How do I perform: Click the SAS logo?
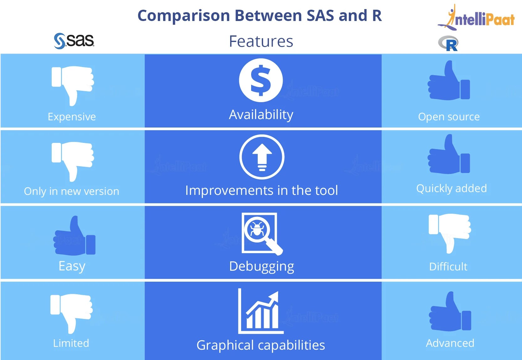[x=74, y=41]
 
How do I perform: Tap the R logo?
[x=448, y=44]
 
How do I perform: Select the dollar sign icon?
[x=261, y=80]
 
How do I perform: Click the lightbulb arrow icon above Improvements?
[x=262, y=157]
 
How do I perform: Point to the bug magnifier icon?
[x=261, y=233]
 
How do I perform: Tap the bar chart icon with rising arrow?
[x=261, y=311]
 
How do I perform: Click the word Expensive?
[x=72, y=117]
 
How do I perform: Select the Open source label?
[x=449, y=117]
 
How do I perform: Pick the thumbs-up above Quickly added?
[x=449, y=155]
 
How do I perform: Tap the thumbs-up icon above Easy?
[x=75, y=236]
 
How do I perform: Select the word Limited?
[x=71, y=343]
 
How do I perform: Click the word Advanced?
[x=450, y=343]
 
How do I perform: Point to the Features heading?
[x=261, y=41]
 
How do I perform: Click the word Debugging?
[x=261, y=267]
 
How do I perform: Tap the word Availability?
[x=261, y=115]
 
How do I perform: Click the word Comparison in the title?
[x=184, y=16]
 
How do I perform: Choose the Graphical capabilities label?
[x=261, y=345]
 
